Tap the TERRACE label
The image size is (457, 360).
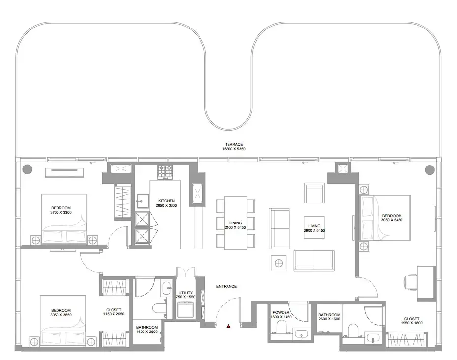click(x=234, y=144)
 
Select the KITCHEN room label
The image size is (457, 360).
click(x=167, y=201)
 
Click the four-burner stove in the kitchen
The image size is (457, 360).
click(x=165, y=171)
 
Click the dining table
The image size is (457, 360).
click(x=235, y=223)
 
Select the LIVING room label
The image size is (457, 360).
click(x=314, y=226)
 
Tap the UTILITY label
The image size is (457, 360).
click(x=186, y=293)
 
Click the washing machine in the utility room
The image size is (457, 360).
click(x=186, y=309)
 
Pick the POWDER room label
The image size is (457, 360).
click(x=281, y=312)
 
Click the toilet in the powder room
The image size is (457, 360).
click(x=282, y=327)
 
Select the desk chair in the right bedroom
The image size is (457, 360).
click(x=410, y=282)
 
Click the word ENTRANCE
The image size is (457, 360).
click(x=227, y=287)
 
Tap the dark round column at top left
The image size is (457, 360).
click(x=28, y=169)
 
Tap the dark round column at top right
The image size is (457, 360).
click(x=429, y=169)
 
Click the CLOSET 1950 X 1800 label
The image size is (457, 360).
click(x=411, y=321)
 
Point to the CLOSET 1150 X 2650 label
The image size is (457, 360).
click(x=114, y=312)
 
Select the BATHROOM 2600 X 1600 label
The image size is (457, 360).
click(x=329, y=317)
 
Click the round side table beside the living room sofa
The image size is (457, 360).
click(x=279, y=263)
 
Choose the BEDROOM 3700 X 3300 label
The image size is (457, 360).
click(x=61, y=210)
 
